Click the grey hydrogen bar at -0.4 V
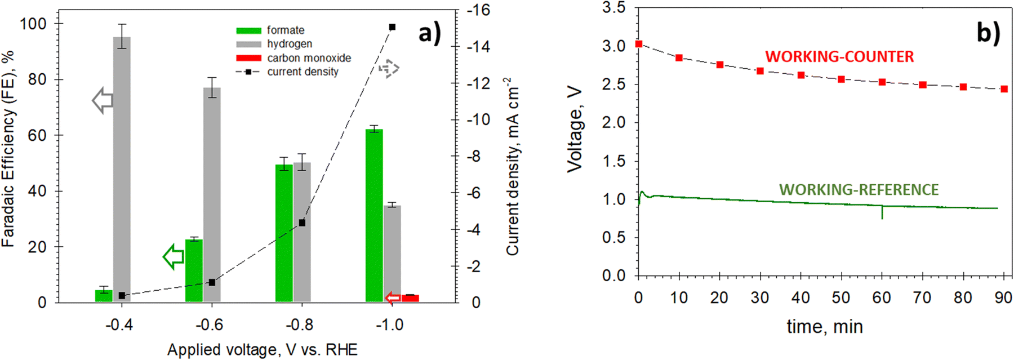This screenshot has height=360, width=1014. [122, 169]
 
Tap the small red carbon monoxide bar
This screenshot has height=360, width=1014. [410, 298]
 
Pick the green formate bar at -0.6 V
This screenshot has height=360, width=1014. [194, 270]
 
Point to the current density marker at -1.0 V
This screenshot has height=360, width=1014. [393, 27]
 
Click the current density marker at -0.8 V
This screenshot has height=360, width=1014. [302, 223]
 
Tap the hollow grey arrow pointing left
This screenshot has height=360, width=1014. [103, 101]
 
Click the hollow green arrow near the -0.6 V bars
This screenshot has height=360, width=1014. [174, 257]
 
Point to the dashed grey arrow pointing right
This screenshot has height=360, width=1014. [389, 69]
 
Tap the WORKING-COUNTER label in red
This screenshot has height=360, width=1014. [839, 57]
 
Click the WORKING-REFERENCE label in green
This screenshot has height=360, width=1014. [859, 190]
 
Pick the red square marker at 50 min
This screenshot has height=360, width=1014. [841, 79]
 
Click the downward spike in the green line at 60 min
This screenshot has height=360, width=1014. [882, 213]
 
